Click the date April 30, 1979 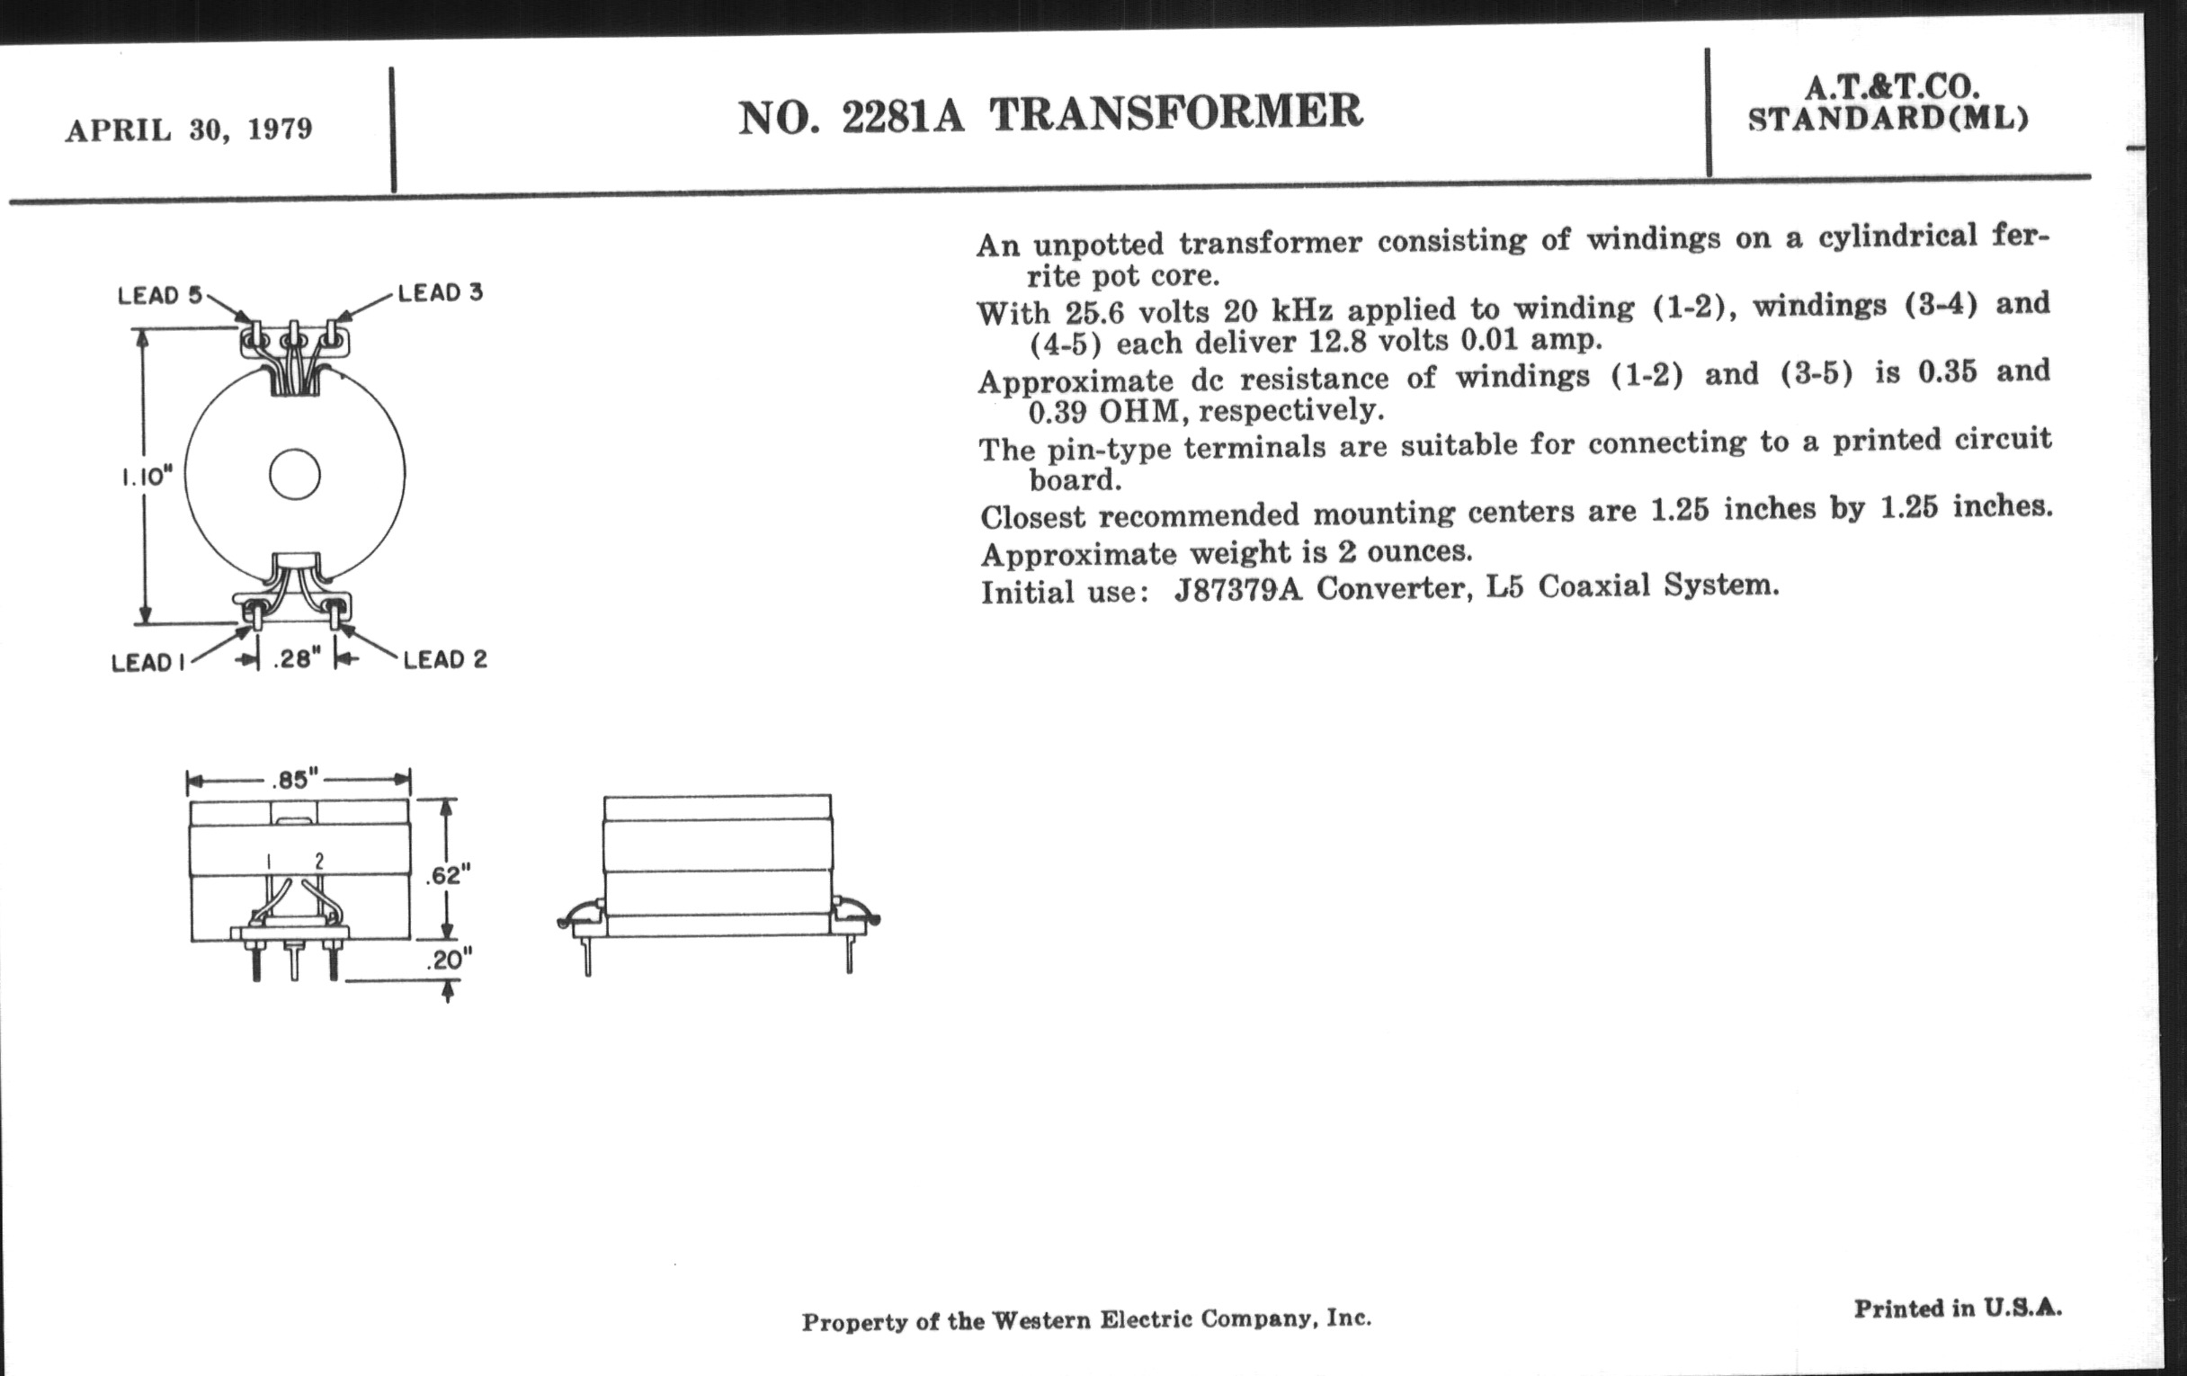(x=189, y=129)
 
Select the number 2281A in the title (x=903, y=116)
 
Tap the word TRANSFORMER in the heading (x=1176, y=112)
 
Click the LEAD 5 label (x=160, y=295)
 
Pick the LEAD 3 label (x=441, y=292)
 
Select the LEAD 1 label (x=148, y=663)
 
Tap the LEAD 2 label (x=445, y=659)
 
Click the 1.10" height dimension (x=147, y=477)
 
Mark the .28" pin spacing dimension (x=297, y=658)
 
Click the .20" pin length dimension (x=450, y=960)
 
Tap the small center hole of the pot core (x=295, y=474)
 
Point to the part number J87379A (x=1238, y=589)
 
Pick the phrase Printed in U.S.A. (x=1957, y=1308)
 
